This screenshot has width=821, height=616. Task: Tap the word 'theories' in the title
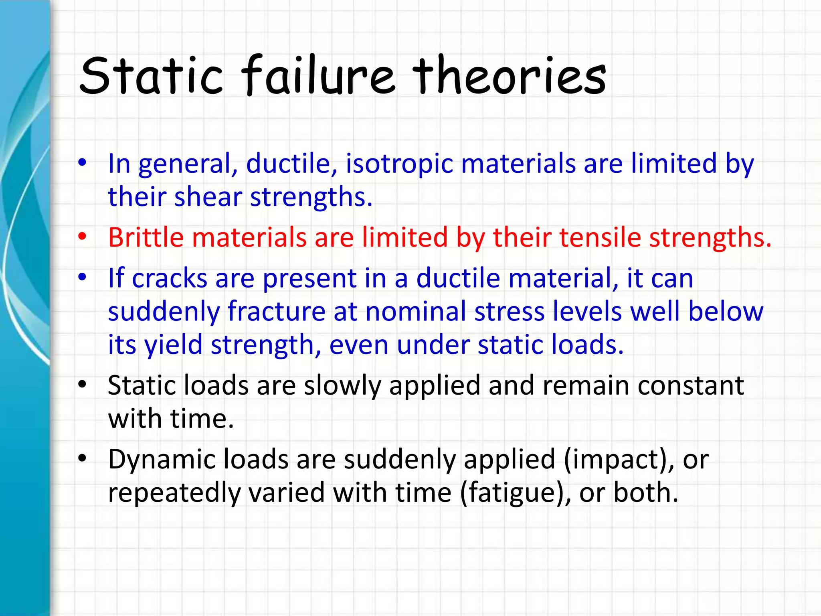tap(509, 76)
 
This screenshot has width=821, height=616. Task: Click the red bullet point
tap(82, 237)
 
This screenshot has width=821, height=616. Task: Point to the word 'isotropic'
tap(399, 164)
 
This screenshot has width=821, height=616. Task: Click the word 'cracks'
tap(169, 278)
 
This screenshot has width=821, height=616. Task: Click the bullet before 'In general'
tap(82, 163)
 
